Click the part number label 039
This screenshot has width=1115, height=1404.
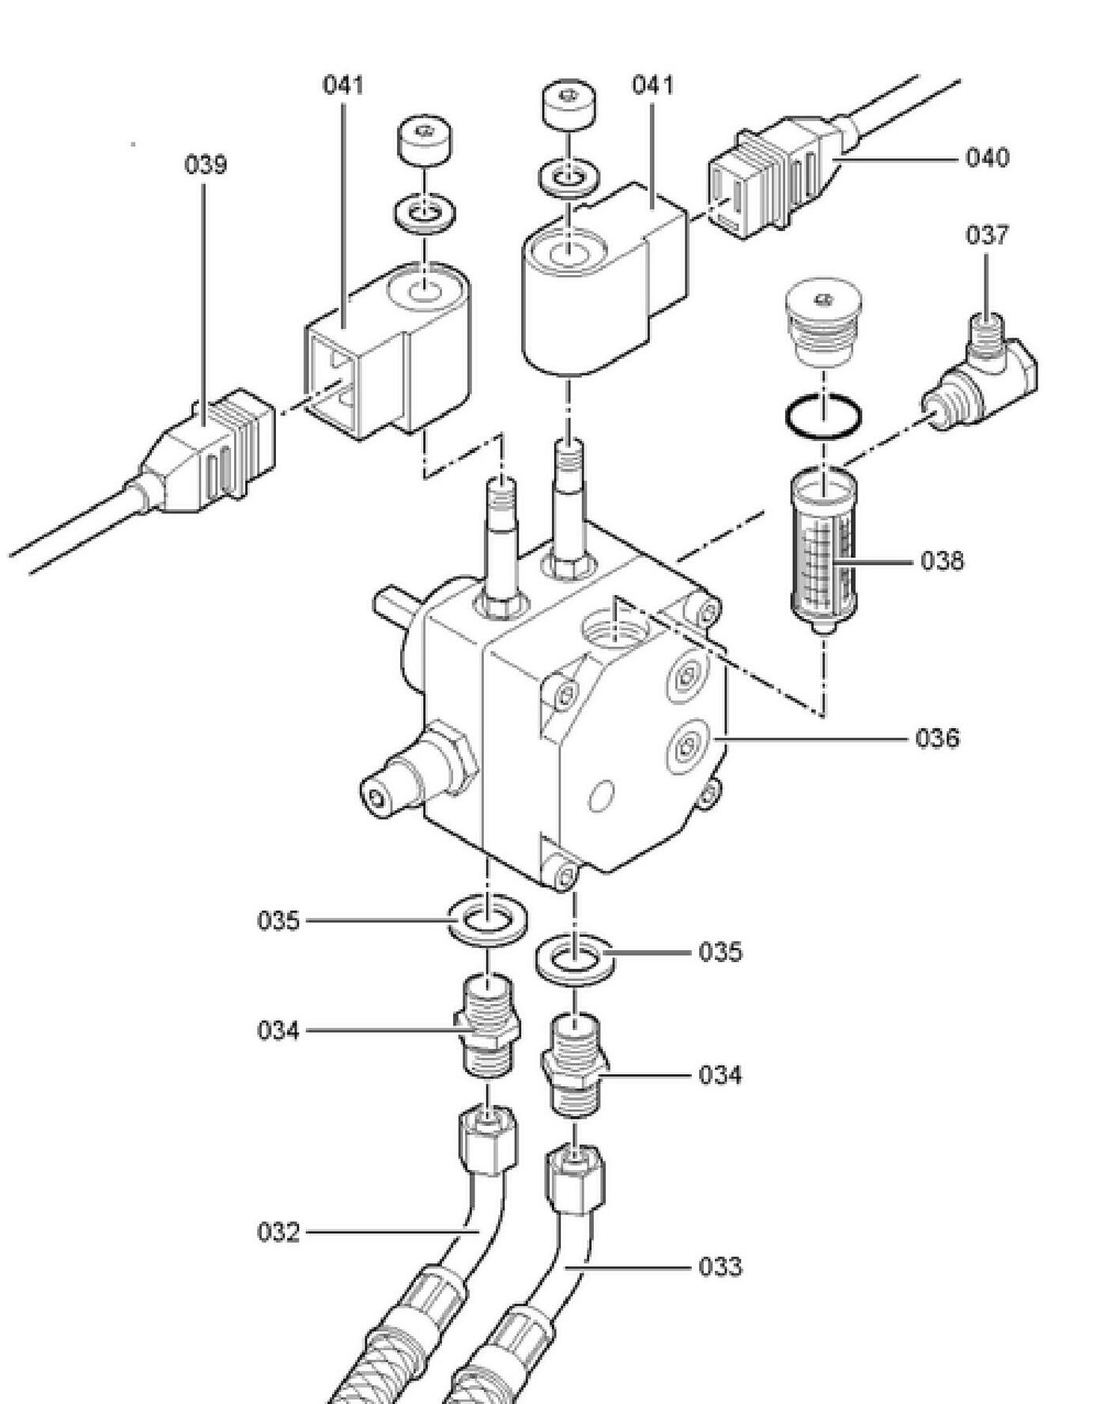(206, 165)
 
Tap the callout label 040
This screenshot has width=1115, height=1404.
(988, 158)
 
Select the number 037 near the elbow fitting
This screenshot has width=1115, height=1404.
(987, 235)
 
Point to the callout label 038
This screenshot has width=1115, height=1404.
(943, 561)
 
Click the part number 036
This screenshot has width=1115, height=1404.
(938, 738)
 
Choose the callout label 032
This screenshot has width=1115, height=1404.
(278, 1232)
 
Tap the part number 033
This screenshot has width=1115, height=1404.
(720, 1267)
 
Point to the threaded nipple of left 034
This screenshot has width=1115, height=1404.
(488, 1025)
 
